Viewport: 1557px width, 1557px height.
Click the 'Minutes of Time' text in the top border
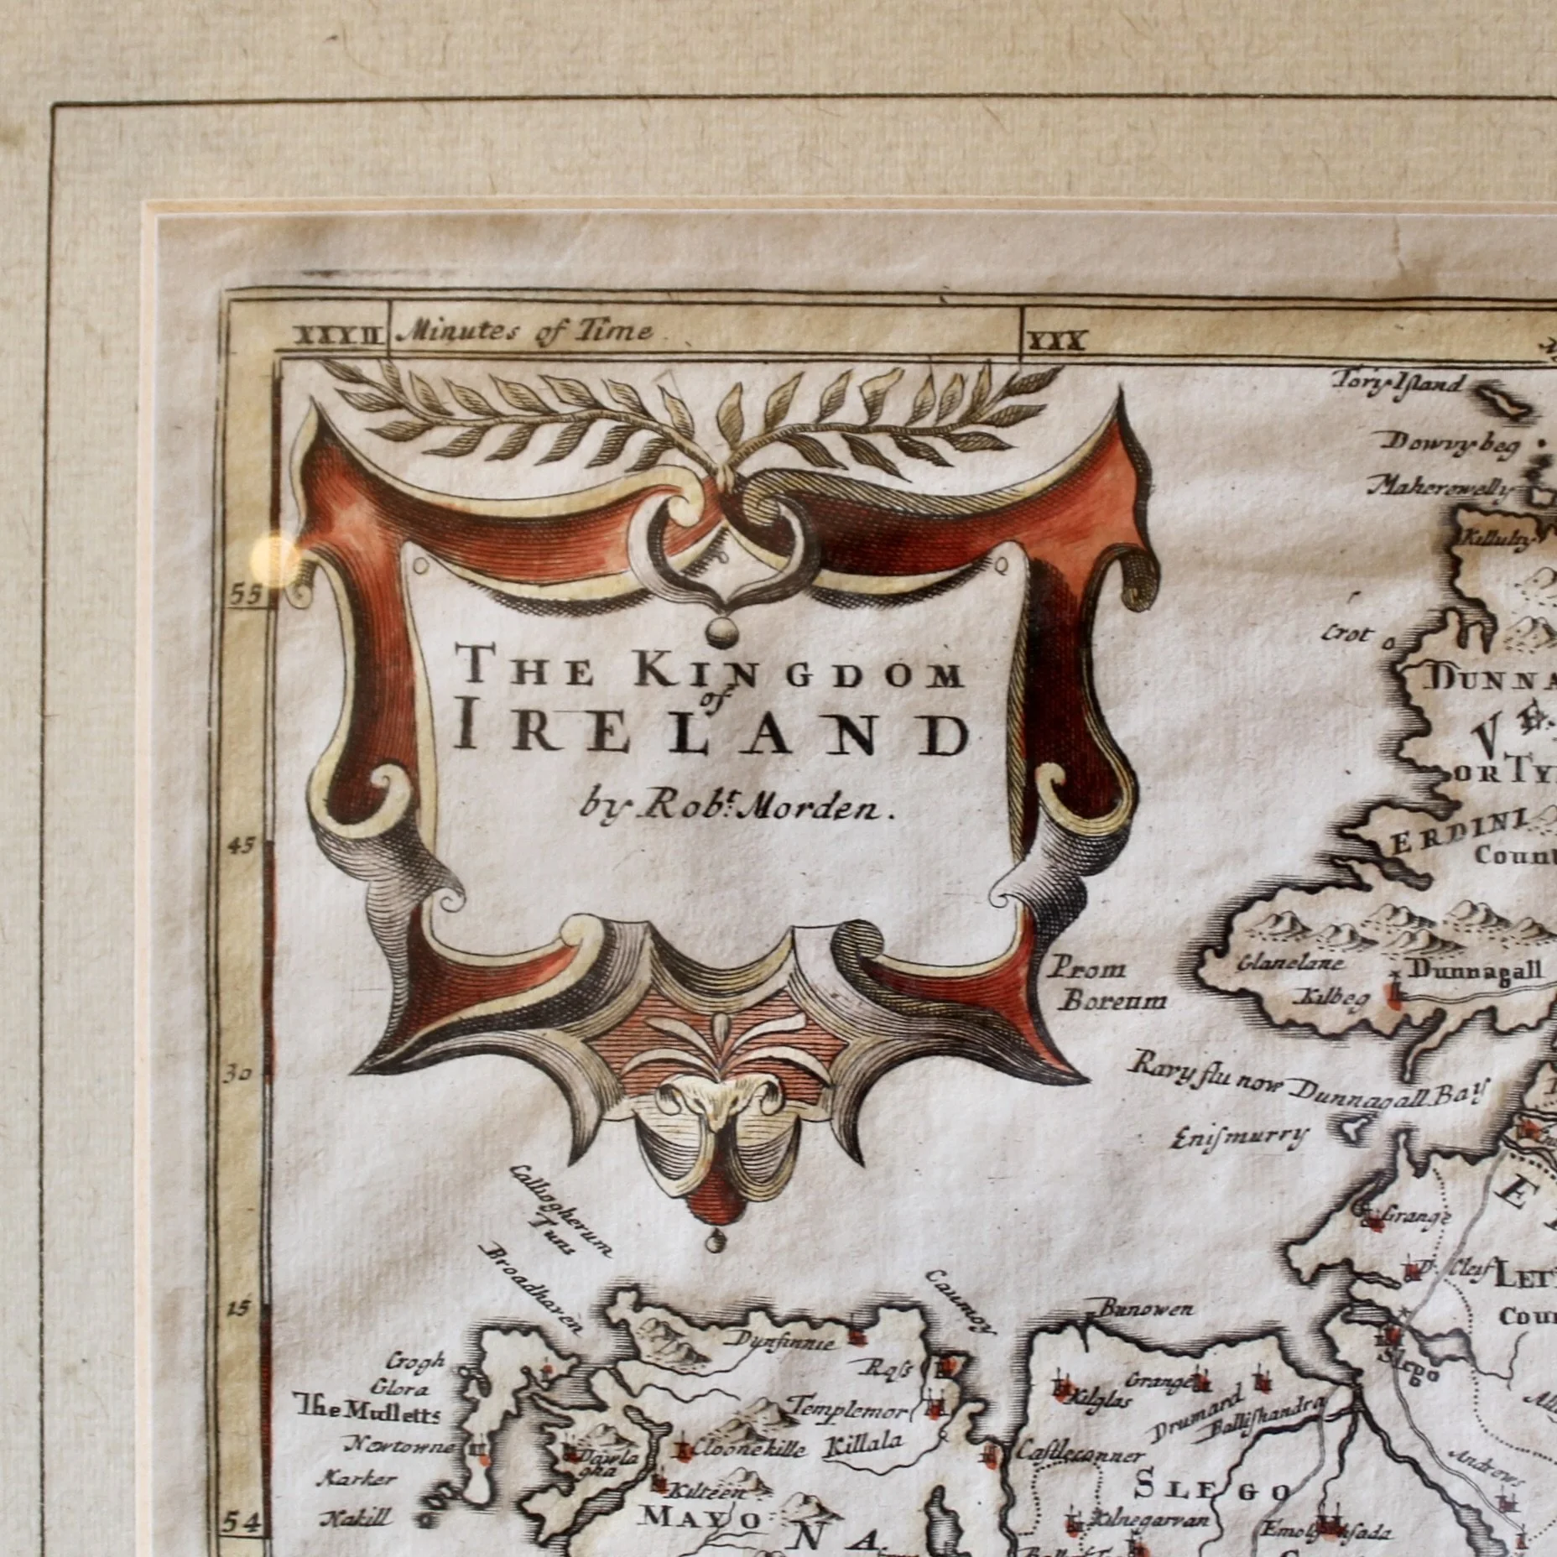tap(528, 332)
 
